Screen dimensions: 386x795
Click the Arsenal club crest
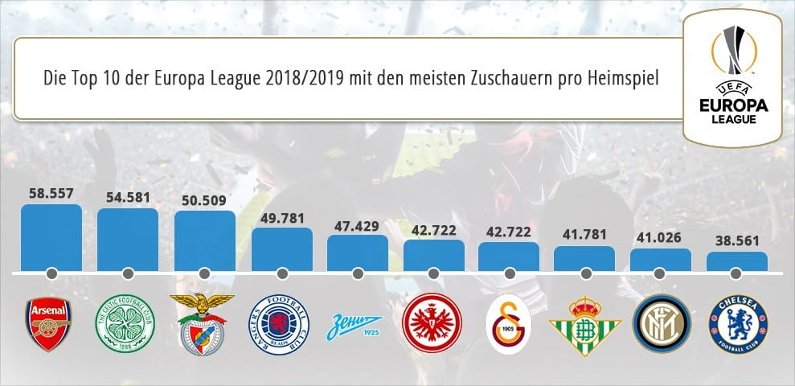coord(50,322)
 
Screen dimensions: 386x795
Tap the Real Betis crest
coord(584,324)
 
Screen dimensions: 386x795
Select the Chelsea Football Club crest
coord(736,325)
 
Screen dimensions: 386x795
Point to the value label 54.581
coord(128,195)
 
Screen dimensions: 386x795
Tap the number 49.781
coord(281,216)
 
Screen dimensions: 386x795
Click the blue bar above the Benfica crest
coord(204,241)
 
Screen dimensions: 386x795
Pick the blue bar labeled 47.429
coord(358,253)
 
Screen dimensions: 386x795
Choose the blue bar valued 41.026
coord(660,261)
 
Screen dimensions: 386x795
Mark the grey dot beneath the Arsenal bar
coord(51,273)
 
